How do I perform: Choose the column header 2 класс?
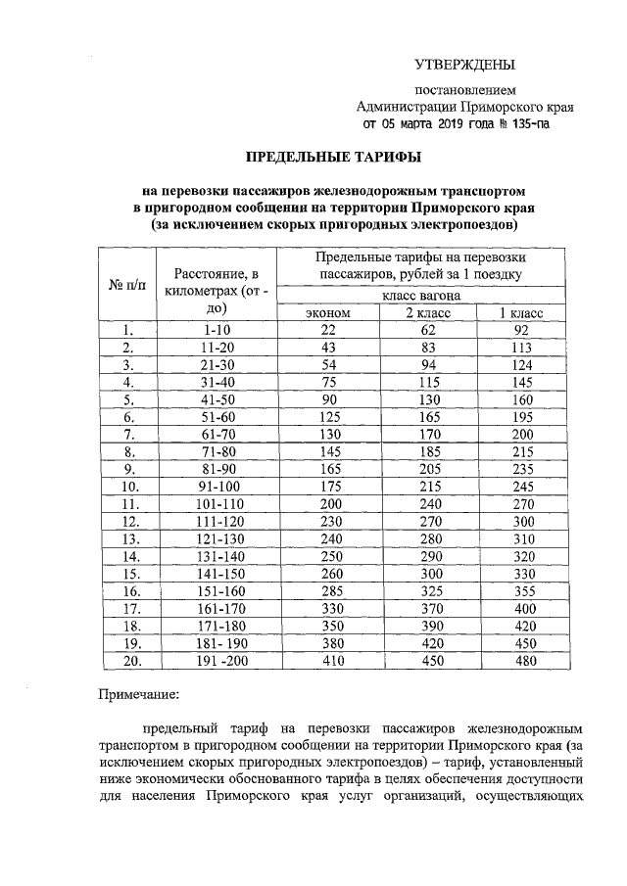[423, 311]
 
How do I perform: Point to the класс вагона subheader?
[422, 294]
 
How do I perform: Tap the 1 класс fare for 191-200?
[519, 661]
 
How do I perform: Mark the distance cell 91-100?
[212, 487]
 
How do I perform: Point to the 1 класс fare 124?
[519, 364]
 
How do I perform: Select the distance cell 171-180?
[212, 626]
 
